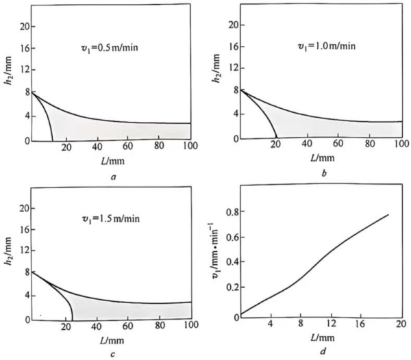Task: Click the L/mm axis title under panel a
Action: (110, 159)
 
